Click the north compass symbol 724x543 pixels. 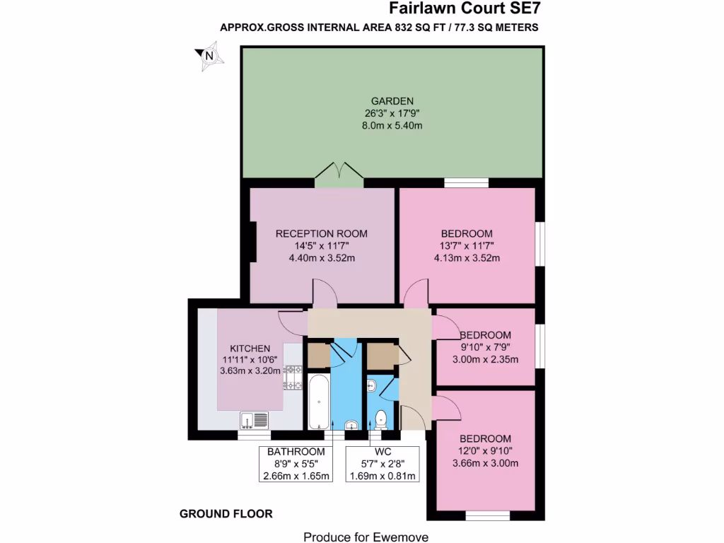208,56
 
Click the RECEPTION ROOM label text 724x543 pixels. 322,233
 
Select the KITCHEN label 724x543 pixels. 250,348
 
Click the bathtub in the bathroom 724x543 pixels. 318,400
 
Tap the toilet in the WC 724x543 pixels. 381,419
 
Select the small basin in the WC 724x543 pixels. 373,385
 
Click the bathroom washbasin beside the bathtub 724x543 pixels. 351,424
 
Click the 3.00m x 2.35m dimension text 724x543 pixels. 485,359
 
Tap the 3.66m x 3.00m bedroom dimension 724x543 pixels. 485,463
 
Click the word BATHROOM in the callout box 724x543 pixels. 296,452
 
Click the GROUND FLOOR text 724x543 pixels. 226,514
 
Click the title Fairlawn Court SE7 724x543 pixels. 467,9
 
